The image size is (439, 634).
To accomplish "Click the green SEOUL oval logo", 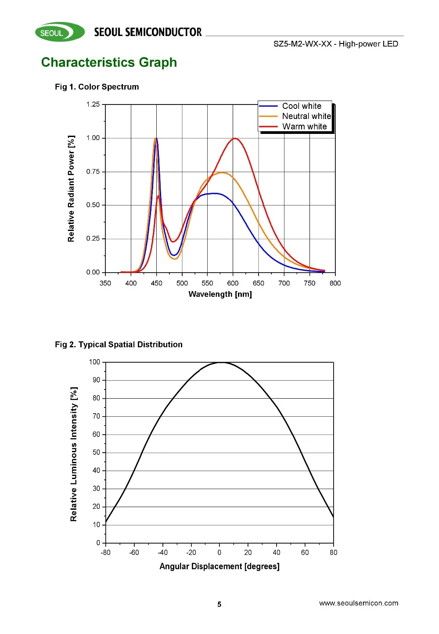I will [x=59, y=32].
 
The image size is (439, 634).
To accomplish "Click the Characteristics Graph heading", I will [x=109, y=62].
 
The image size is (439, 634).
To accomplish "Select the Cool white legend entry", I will [x=302, y=106].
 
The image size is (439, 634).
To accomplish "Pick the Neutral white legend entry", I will [x=306, y=116].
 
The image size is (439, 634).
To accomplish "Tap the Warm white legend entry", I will [x=304, y=127].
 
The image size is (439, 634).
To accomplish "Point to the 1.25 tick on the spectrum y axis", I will [x=93, y=104].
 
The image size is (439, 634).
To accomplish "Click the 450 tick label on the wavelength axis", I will [x=156, y=283].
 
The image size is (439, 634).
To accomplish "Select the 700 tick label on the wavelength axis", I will [x=284, y=283].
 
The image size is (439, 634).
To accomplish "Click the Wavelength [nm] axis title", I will [x=220, y=294].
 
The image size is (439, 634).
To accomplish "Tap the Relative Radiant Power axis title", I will [x=71, y=188].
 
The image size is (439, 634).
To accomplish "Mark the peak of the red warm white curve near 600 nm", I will [x=235, y=139].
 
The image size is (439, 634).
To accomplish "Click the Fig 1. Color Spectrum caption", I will [x=97, y=87].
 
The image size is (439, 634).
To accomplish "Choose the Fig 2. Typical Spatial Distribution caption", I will [x=119, y=345].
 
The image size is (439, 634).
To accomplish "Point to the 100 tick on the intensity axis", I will [x=94, y=362].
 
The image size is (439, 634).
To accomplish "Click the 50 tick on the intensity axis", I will [x=96, y=452].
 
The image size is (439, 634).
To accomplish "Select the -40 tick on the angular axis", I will [x=162, y=552].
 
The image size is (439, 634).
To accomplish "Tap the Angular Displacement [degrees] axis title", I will [x=219, y=566].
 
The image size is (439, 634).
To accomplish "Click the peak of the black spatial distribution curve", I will [x=221, y=362].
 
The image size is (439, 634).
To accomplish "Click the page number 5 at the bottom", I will [x=219, y=605].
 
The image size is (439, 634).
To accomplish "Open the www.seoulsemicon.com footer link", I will [x=359, y=603].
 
